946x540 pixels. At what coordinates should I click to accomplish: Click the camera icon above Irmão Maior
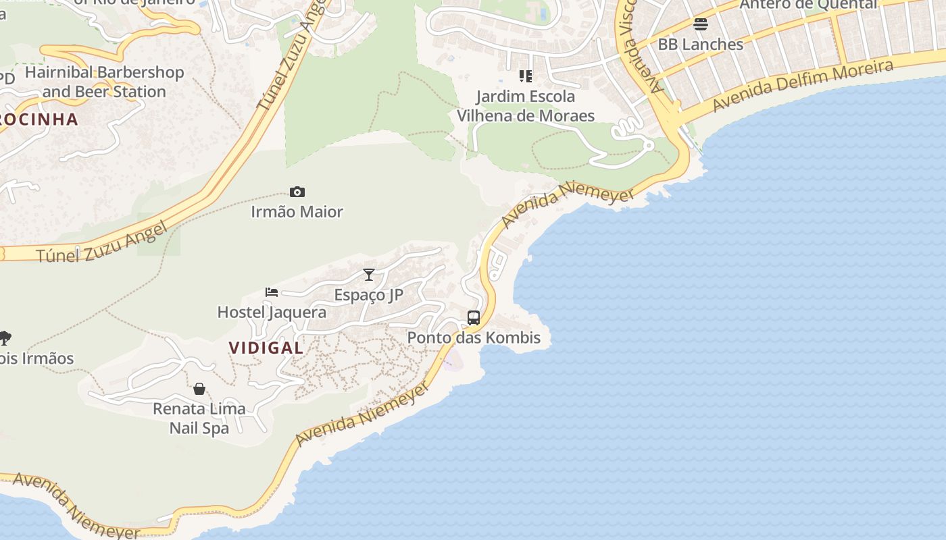(297, 192)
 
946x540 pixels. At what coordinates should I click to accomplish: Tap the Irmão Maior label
(297, 211)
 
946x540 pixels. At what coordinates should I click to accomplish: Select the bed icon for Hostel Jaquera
(272, 292)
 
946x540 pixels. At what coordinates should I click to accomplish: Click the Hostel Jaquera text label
(272, 312)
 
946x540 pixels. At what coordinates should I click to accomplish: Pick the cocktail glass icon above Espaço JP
(369, 274)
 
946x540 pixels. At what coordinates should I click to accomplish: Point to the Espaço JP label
(369, 294)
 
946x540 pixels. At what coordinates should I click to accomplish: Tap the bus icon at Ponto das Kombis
(474, 317)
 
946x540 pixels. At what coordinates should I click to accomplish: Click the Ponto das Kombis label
(474, 337)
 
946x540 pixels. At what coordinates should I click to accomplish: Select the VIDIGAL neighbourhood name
(266, 348)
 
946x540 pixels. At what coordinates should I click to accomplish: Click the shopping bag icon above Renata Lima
(199, 389)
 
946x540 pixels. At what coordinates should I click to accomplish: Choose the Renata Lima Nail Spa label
(199, 418)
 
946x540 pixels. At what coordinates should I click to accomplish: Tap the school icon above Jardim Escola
(525, 76)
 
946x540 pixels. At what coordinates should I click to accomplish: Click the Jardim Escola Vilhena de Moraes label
(526, 106)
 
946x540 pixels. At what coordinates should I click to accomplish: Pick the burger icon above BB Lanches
(701, 24)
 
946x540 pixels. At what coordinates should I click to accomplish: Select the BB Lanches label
(701, 44)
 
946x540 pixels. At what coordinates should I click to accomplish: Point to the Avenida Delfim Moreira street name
(803, 85)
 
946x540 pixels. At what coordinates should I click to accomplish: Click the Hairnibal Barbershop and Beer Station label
(104, 82)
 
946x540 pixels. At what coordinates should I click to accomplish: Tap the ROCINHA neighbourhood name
(39, 119)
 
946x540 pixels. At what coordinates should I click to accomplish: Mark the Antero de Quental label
(808, 5)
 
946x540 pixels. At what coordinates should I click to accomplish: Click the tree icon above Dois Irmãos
(5, 337)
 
